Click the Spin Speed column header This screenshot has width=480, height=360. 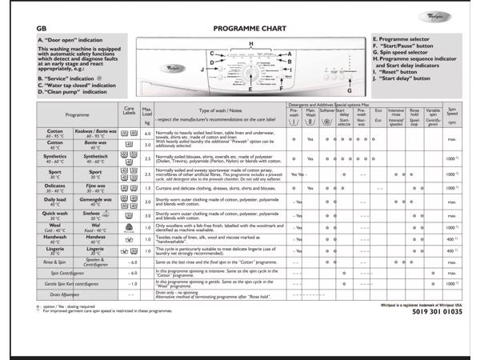tap(453, 115)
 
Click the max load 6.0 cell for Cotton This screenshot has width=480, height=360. tap(147, 134)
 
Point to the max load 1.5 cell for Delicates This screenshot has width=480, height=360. tap(147, 187)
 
